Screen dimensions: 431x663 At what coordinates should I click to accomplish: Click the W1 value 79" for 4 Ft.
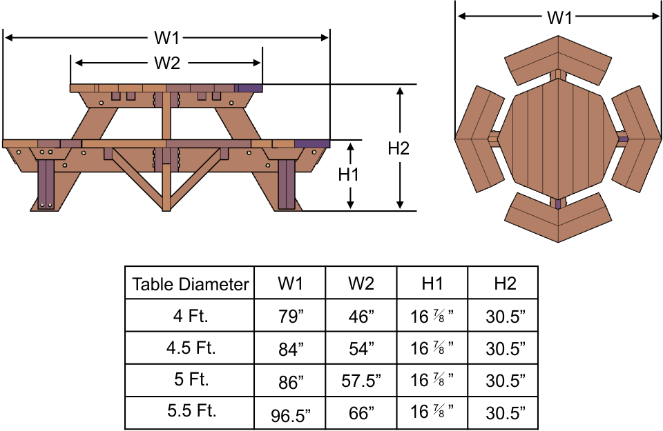(x=290, y=317)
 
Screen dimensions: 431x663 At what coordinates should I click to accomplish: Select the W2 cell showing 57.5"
(x=361, y=381)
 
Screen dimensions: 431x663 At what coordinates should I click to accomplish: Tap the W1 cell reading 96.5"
(x=290, y=414)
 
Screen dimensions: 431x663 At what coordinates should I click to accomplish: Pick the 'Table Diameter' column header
(x=190, y=283)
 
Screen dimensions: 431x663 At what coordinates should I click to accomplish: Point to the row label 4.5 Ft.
(x=190, y=348)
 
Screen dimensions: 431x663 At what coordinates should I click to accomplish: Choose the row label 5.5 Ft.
(x=190, y=412)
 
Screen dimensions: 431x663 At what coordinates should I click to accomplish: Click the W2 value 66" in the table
(x=361, y=413)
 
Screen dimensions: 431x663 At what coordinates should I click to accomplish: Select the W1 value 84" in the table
(x=290, y=349)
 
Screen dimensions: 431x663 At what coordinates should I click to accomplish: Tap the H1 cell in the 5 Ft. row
(x=432, y=381)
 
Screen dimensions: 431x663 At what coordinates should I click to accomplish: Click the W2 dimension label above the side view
(x=167, y=63)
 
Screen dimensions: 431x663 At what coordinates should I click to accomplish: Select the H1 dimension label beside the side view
(x=349, y=175)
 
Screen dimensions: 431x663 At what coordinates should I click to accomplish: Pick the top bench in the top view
(x=558, y=58)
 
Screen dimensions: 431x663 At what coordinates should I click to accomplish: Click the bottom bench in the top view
(x=558, y=216)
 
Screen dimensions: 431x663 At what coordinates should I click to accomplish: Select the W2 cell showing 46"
(x=361, y=317)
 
